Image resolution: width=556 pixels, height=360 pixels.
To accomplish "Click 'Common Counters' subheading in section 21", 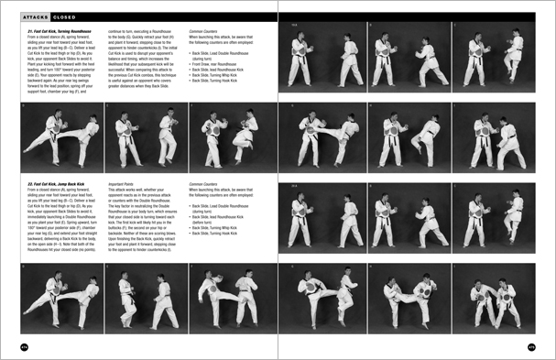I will click(x=208, y=30).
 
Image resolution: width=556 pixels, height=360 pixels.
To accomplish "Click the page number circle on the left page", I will click(x=24, y=346).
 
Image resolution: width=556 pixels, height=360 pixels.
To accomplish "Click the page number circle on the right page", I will click(x=531, y=346).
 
